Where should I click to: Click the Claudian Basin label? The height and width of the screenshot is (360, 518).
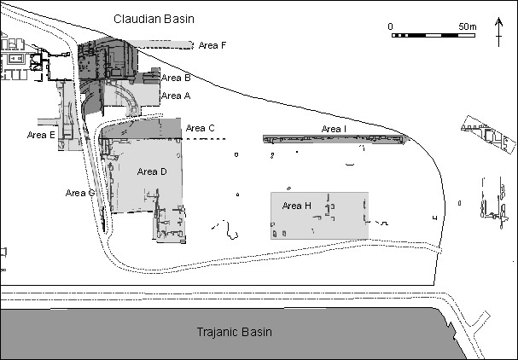coord(154,19)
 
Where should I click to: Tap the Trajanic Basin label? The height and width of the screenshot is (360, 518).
coord(235,332)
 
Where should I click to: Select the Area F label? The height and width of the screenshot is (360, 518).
coord(212,45)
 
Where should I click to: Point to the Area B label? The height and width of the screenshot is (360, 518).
coord(176,78)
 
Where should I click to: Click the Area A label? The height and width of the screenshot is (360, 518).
coord(176,96)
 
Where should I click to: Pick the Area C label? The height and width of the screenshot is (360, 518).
coord(201,128)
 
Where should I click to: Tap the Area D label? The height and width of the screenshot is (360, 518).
coord(152,171)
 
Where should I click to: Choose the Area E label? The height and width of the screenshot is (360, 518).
coord(41,135)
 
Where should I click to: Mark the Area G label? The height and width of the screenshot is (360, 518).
coord(80,193)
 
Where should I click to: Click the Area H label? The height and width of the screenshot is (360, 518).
coord(297,206)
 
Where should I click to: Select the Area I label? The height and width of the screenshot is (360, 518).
coord(334,129)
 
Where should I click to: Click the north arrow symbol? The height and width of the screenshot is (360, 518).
coord(499,32)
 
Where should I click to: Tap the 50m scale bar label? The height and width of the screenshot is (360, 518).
coord(468,26)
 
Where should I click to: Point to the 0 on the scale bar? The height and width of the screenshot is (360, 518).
coord(391,26)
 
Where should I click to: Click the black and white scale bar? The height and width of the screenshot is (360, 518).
coord(434,35)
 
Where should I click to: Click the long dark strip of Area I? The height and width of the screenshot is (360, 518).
coord(335,139)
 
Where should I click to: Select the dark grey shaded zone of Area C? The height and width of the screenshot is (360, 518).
coord(142,129)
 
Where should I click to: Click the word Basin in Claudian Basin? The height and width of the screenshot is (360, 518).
coord(178,19)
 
